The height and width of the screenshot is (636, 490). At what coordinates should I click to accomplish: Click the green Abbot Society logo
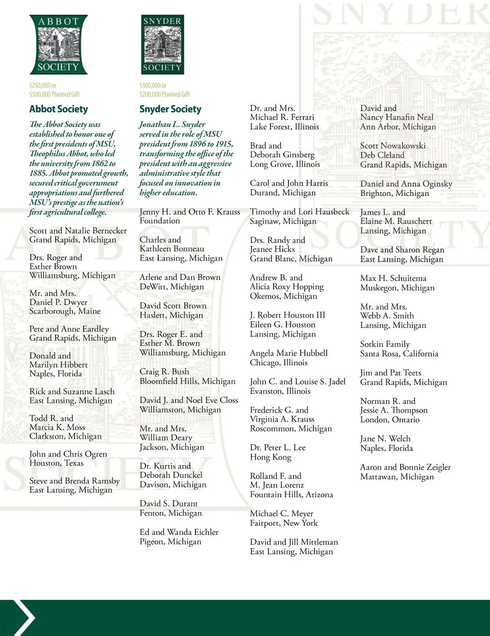tap(58, 44)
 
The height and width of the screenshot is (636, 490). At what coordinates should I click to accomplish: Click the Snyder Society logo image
tap(162, 44)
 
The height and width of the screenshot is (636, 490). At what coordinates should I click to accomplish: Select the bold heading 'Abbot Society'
tap(59, 109)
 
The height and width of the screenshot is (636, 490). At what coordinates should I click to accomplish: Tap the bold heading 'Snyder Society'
tap(170, 109)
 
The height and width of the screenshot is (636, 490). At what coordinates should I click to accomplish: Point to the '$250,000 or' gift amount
tap(43, 86)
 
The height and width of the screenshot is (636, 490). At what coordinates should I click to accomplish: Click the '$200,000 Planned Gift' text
tap(164, 94)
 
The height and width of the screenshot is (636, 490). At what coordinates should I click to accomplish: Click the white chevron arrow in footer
tap(22, 618)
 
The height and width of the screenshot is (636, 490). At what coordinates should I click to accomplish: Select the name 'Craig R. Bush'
tap(164, 372)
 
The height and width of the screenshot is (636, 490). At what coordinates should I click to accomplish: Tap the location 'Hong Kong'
tap(271, 457)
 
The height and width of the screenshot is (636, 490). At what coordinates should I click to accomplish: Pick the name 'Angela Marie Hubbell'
tap(289, 353)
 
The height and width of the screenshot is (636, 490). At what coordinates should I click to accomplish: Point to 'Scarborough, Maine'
tap(65, 311)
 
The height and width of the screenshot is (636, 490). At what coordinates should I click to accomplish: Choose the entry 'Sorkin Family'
tap(385, 344)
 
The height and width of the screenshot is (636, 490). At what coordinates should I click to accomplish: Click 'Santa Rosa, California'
tap(399, 353)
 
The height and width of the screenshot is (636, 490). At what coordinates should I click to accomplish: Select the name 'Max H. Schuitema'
tap(393, 278)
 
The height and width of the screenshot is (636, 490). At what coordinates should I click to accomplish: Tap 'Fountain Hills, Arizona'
tap(291, 495)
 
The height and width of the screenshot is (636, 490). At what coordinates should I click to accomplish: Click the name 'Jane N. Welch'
tap(385, 439)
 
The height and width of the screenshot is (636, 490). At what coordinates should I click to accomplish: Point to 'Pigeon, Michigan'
tap(170, 542)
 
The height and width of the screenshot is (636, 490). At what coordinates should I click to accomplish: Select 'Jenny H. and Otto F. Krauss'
tap(190, 212)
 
